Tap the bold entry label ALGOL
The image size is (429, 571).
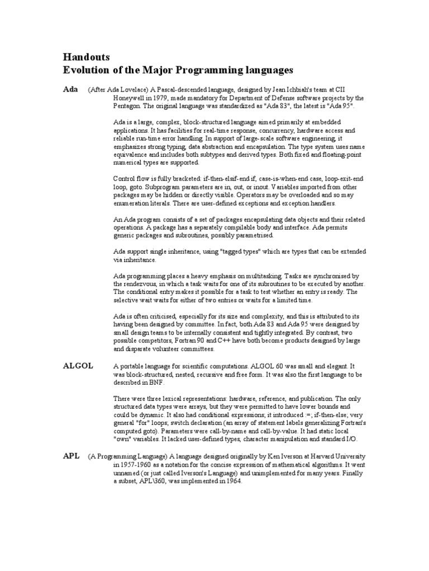point(78,366)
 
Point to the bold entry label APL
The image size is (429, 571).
point(71,456)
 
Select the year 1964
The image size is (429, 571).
point(232,481)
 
